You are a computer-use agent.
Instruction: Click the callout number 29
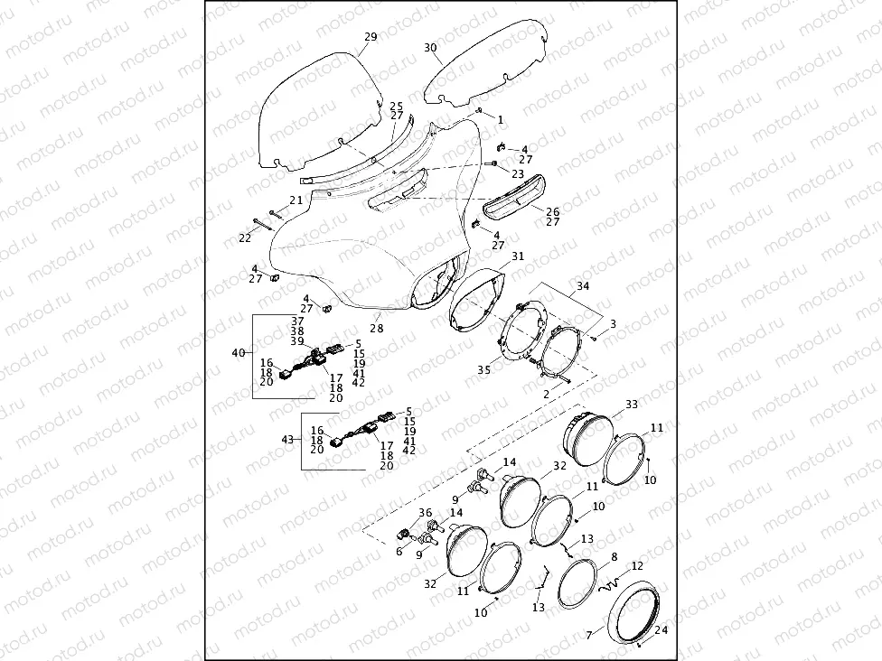tap(371, 37)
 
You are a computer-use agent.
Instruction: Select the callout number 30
tap(430, 47)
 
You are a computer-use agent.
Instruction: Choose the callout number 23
tap(518, 173)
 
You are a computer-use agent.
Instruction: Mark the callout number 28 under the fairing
tap(376, 329)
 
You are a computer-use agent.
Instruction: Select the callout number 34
tap(583, 286)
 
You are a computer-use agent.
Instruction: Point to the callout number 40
tap(239, 352)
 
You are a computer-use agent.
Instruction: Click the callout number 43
tap(288, 440)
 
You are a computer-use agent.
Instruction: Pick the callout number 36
tap(426, 513)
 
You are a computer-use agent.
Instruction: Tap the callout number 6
tap(399, 551)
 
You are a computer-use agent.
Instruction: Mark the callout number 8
tap(614, 557)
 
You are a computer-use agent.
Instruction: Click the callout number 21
tap(296, 200)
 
